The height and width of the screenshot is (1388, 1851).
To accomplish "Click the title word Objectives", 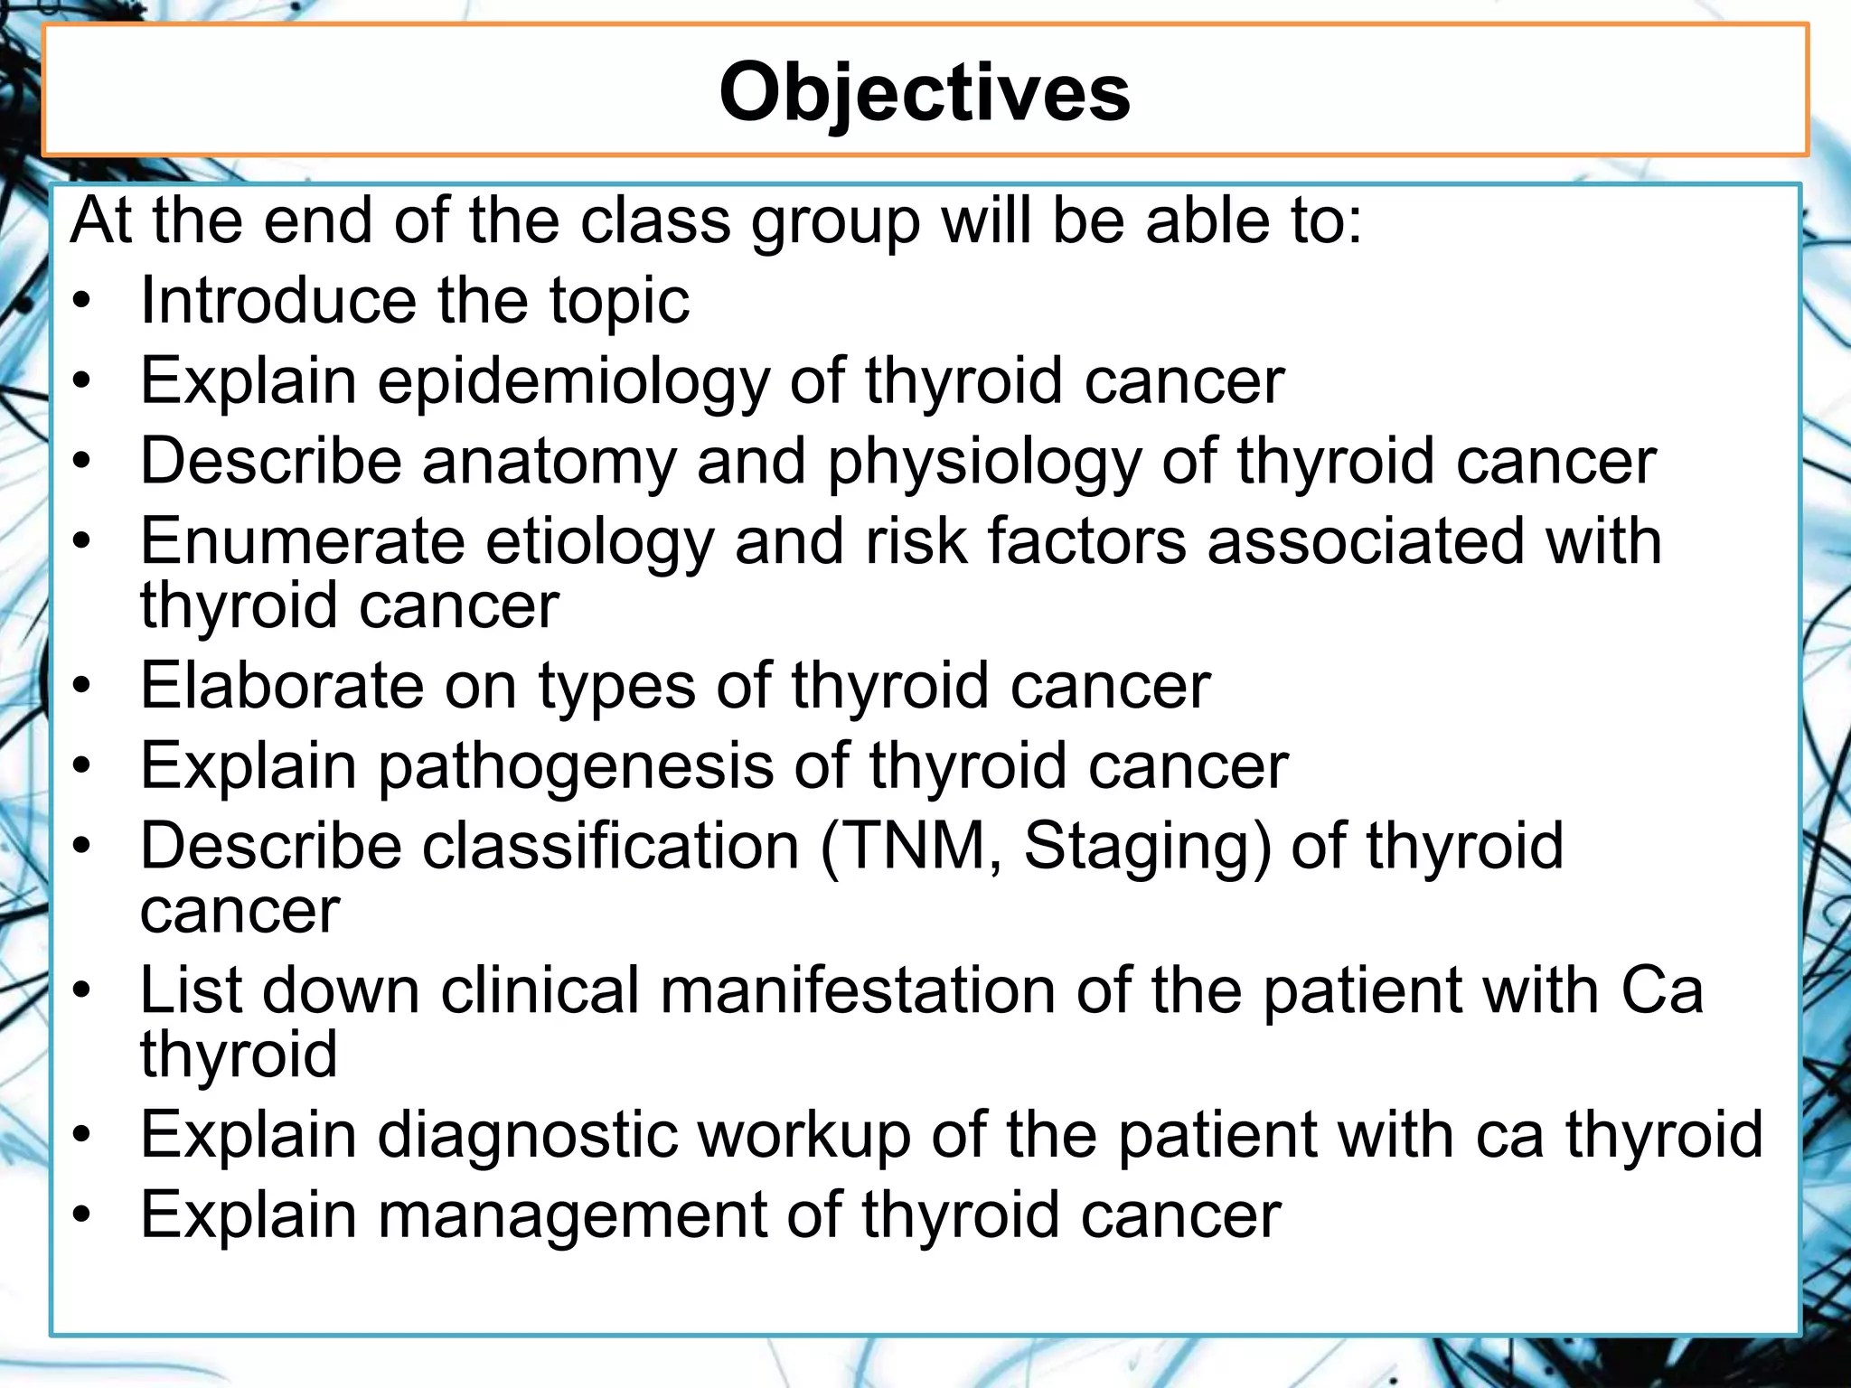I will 924,92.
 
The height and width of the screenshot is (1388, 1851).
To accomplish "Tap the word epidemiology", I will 572,381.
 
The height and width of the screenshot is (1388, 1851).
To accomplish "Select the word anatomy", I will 549,461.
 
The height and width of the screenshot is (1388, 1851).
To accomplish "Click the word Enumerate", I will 302,541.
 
